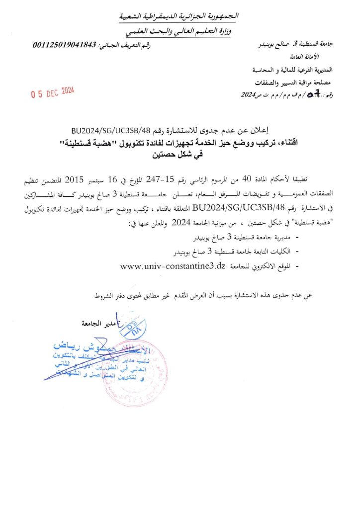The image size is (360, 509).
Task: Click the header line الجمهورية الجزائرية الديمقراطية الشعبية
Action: click(x=180, y=16)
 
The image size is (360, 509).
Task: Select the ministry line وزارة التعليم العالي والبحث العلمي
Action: click(x=180, y=31)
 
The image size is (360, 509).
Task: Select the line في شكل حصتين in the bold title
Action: click(x=180, y=155)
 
